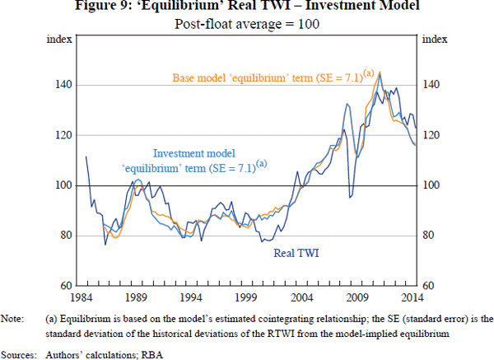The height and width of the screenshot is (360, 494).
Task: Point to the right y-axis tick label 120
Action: pyautogui.click(x=431, y=135)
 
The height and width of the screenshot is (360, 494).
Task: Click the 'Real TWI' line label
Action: pyautogui.click(x=296, y=254)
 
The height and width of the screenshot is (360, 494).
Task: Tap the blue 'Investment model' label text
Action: pyautogui.click(x=194, y=154)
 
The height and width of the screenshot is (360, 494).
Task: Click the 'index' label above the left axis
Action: pyautogui.click(x=62, y=39)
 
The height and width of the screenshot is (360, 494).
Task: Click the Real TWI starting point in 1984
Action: pyautogui.click(x=86, y=157)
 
